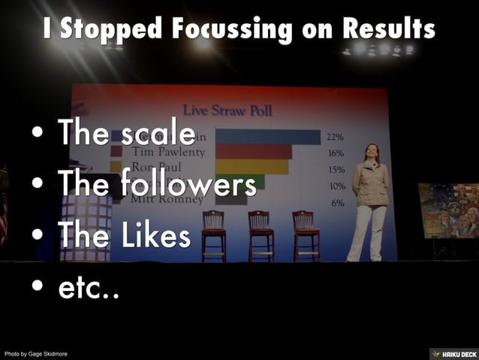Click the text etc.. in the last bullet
point(89,287)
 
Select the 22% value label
point(335,138)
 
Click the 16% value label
point(335,153)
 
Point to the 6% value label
point(337,203)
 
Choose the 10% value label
point(337,186)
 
